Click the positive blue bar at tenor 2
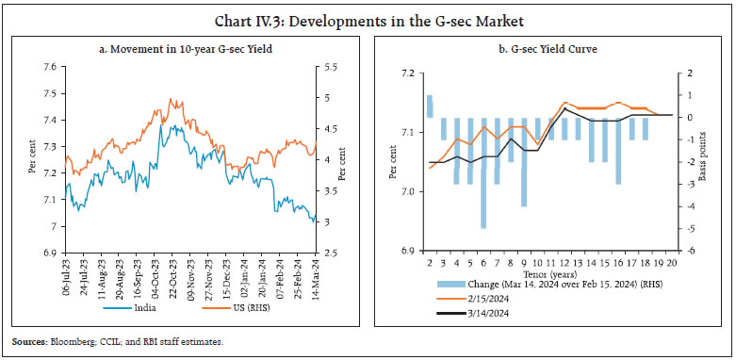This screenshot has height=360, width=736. pos(430,106)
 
